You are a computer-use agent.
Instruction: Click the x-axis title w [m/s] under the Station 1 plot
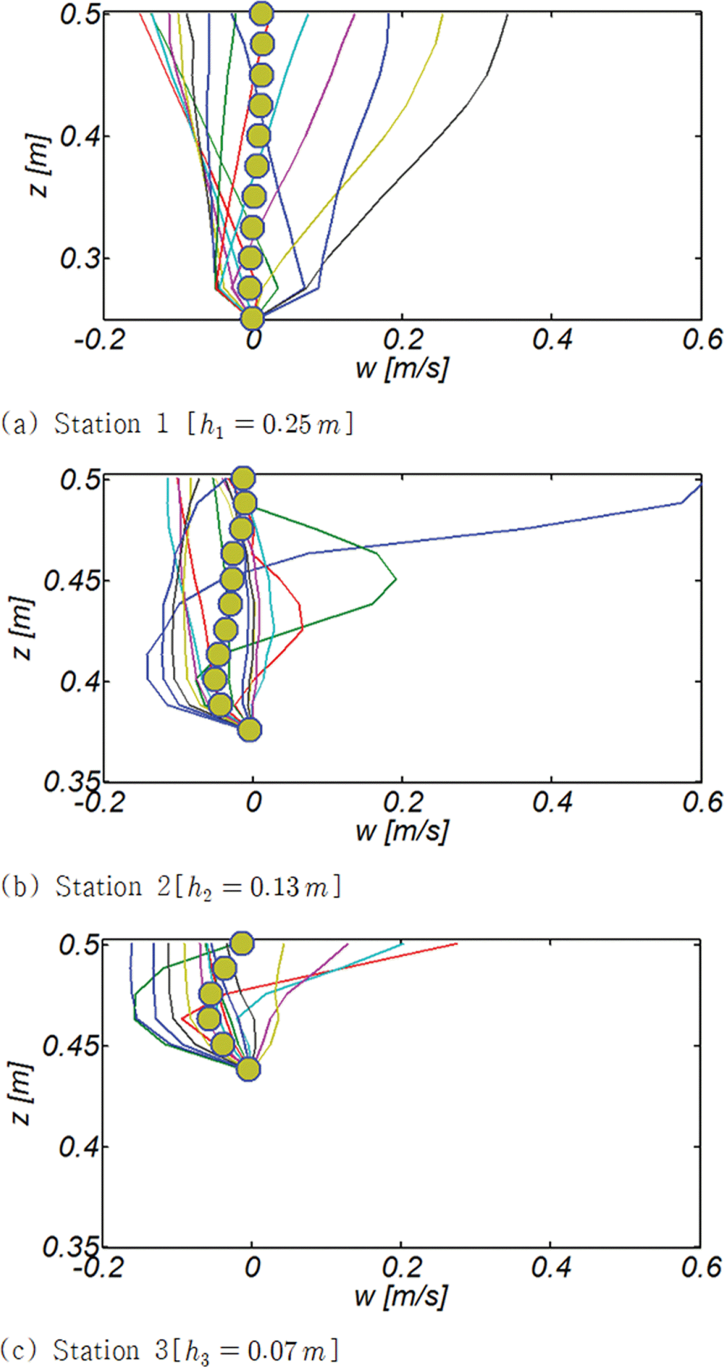[402, 367]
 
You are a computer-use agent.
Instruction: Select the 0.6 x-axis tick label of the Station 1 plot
[702, 339]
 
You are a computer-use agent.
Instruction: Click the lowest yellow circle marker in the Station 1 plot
[252, 318]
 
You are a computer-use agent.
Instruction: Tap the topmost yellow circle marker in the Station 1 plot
[261, 14]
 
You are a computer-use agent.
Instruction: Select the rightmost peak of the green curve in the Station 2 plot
[396, 578]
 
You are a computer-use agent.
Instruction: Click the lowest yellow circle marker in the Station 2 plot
[249, 730]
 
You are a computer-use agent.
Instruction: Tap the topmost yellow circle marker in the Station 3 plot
[242, 944]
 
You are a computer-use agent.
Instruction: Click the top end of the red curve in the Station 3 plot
[456, 944]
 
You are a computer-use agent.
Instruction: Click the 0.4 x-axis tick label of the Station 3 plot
[551, 1268]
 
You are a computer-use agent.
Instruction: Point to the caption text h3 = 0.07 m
[260, 1351]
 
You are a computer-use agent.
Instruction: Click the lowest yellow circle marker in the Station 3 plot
[248, 1068]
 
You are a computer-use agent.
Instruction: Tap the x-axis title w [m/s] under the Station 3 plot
[401, 1296]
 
